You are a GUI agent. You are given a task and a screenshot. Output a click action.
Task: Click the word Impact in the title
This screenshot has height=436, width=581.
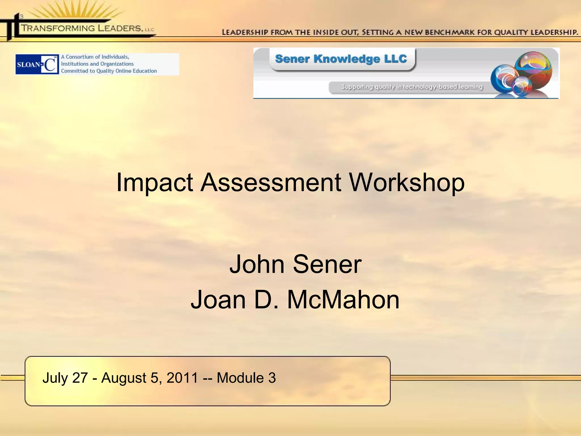155,183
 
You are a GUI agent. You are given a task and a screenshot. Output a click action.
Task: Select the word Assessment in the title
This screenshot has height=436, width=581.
271,183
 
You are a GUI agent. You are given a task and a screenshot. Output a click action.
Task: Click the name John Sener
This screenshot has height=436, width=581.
295,264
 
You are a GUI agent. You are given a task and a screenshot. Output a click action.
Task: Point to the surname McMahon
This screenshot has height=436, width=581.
343,300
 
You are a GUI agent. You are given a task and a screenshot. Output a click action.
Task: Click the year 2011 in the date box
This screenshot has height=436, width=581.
182,378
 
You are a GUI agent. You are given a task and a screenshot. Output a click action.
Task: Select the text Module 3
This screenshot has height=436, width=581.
246,378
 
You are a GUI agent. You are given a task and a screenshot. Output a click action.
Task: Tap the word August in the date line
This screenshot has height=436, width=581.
124,378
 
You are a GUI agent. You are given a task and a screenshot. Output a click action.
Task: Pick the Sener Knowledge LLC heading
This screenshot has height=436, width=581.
341,59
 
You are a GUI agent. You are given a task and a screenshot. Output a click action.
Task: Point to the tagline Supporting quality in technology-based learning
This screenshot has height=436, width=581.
412,87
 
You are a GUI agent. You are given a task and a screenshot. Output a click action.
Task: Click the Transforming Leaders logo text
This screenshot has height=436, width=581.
82,28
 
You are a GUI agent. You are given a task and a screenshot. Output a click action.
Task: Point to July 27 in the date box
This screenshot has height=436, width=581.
65,378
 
